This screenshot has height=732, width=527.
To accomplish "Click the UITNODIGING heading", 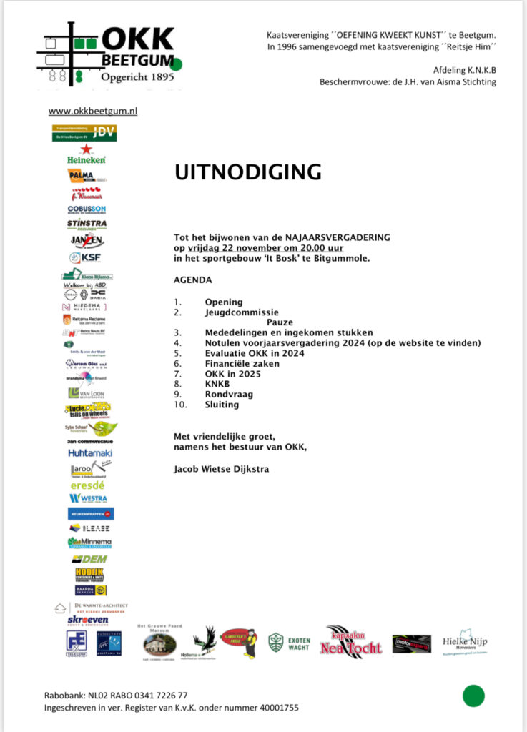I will tap(248, 172).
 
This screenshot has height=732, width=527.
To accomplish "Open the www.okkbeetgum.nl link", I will tap(93, 112).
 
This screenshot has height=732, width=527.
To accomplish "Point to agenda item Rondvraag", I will tap(229, 394).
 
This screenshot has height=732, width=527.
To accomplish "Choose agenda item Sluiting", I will tap(222, 405).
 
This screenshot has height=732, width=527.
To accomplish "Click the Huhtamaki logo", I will tap(90, 452).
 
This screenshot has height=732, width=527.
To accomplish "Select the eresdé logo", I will tap(87, 485).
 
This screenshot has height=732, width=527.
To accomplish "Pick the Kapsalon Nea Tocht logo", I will tap(355, 641).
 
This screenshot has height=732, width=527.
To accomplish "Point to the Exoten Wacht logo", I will tap(289, 643).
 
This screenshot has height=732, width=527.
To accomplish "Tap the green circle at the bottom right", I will tap(473, 695).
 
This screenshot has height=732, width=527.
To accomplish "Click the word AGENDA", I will tap(193, 280).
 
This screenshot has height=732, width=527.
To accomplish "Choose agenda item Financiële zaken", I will tap(242, 363).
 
